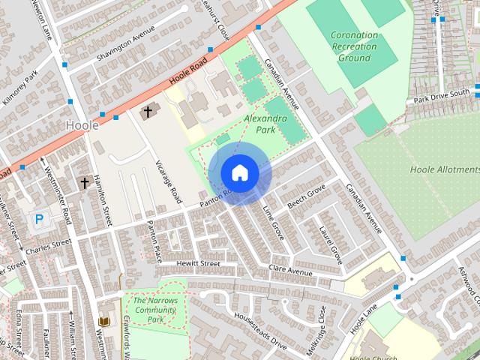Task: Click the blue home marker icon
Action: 239,172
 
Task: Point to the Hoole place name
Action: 82,125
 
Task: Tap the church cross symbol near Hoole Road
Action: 148,112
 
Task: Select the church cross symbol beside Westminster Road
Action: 85,182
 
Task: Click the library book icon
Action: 104,322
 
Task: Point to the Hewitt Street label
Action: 198,264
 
